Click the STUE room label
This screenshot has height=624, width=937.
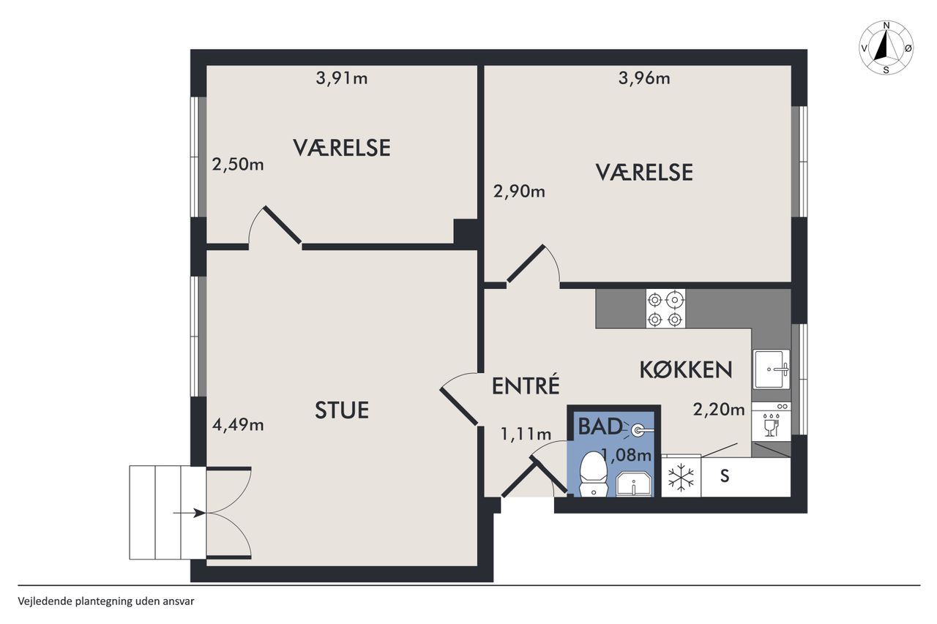[342, 410]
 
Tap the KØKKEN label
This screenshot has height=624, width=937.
[686, 370]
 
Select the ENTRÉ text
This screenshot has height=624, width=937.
[526, 386]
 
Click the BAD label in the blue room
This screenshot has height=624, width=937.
[600, 426]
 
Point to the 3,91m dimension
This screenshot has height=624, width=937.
[342, 78]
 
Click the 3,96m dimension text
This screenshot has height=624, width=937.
[644, 78]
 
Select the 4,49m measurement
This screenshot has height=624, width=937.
[238, 425]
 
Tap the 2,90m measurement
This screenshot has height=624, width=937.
[519, 192]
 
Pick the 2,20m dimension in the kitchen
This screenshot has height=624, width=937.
[719, 410]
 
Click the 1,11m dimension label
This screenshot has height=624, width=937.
[526, 435]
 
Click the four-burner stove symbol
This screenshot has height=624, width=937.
[665, 309]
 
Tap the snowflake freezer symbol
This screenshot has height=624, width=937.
[681, 477]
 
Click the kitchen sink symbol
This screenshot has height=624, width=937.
[772, 369]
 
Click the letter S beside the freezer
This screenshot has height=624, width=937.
[725, 476]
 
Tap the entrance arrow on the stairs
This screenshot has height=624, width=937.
[189, 513]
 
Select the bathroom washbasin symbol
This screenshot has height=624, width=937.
[634, 484]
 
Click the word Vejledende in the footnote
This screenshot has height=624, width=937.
[45, 601]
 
